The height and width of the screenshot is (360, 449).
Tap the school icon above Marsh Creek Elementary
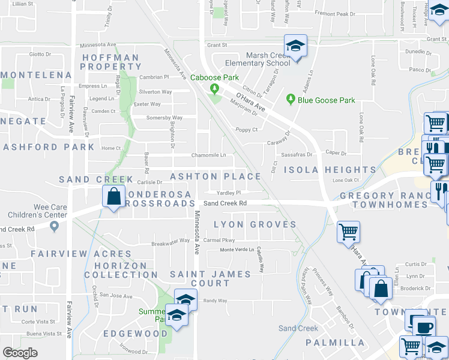[x=295, y=45]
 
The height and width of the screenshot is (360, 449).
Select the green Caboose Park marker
[x=214, y=89]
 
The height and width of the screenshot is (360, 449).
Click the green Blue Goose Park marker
[x=291, y=99]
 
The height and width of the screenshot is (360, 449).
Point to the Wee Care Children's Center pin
[x=54, y=226]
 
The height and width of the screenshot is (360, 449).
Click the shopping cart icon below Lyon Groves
[x=348, y=231]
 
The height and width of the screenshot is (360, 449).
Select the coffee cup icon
[x=425, y=326]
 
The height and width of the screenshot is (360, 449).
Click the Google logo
[x=20, y=353]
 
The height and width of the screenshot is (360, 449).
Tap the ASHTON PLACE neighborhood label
[x=216, y=176]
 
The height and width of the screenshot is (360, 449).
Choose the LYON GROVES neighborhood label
[x=255, y=224]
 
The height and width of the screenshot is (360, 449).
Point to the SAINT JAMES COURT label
[x=210, y=278]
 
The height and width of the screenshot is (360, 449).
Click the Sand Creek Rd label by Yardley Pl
[x=225, y=203]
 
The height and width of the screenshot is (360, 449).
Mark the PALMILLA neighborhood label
[x=335, y=343]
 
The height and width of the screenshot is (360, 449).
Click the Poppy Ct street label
[x=246, y=130]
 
